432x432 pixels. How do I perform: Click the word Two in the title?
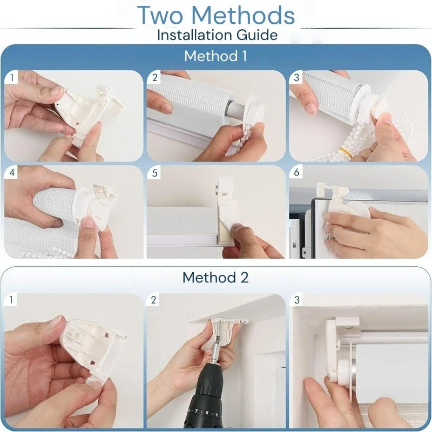tap(160, 16)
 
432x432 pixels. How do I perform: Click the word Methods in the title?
tap(243, 16)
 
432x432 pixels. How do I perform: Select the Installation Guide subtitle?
tap(217, 35)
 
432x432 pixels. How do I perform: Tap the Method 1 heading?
tap(215, 56)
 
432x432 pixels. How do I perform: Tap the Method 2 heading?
tap(215, 278)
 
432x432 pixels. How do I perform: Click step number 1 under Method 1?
tap(12, 78)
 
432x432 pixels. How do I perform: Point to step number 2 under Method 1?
tap(154, 78)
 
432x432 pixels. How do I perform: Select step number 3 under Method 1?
tap(296, 78)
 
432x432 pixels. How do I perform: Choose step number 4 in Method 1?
tap(12, 172)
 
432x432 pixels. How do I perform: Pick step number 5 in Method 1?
tap(154, 173)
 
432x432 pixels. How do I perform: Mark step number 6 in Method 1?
tap(296, 172)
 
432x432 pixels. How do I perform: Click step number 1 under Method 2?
tap(11, 300)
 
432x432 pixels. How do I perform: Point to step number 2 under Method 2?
tap(153, 300)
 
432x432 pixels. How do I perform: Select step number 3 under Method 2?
tap(296, 300)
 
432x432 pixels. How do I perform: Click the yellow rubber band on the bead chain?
tap(346, 152)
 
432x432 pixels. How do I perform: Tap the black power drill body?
tap(205, 400)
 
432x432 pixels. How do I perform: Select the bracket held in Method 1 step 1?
tap(88, 110)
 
